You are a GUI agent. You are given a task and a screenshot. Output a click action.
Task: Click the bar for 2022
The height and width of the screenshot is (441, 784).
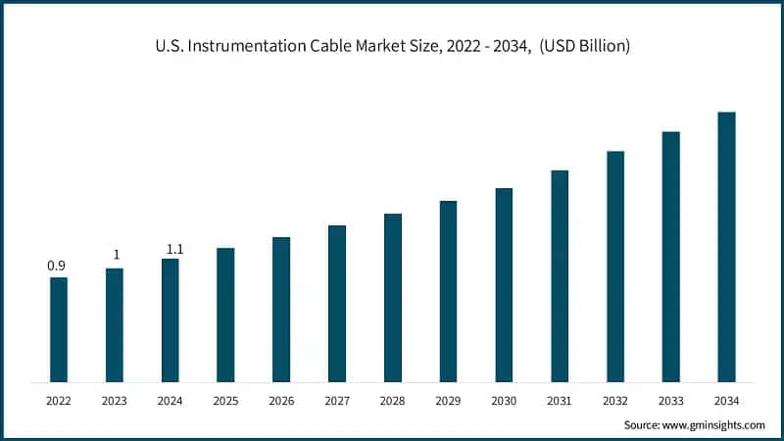coord(59,329)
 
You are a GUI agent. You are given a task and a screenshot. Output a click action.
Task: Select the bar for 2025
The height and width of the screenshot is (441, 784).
coord(225,315)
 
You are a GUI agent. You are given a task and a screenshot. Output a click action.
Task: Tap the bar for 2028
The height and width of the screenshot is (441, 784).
coord(393,297)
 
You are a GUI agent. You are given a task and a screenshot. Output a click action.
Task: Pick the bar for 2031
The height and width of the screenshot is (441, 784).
coord(560,275)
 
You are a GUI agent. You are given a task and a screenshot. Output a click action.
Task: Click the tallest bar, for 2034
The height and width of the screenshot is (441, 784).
coord(726,246)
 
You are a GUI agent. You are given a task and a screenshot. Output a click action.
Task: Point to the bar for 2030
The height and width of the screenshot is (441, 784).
coord(504,284)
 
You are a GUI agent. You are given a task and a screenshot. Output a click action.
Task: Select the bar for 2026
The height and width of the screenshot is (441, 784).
coord(281,309)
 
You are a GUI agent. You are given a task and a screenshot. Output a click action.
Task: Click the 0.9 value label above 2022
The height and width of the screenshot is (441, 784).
coord(57,266)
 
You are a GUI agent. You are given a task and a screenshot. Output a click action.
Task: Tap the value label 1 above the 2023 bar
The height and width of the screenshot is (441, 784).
coord(116,255)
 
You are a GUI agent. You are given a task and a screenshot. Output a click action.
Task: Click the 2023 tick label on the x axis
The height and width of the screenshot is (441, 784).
coord(115,402)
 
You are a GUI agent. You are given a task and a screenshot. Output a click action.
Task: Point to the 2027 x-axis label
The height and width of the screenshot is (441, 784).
coord(337,402)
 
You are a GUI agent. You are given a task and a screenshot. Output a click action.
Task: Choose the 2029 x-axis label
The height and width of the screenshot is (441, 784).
coord(448,402)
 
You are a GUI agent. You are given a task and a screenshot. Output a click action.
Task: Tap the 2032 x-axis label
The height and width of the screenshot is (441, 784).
coord(615,402)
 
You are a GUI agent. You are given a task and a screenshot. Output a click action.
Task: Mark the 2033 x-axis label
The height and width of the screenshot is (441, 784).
coord(670,402)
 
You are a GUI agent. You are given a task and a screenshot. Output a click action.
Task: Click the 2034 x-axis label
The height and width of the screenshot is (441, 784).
coord(726,402)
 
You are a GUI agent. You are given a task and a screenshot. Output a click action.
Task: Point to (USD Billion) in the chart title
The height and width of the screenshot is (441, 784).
coord(581,46)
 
